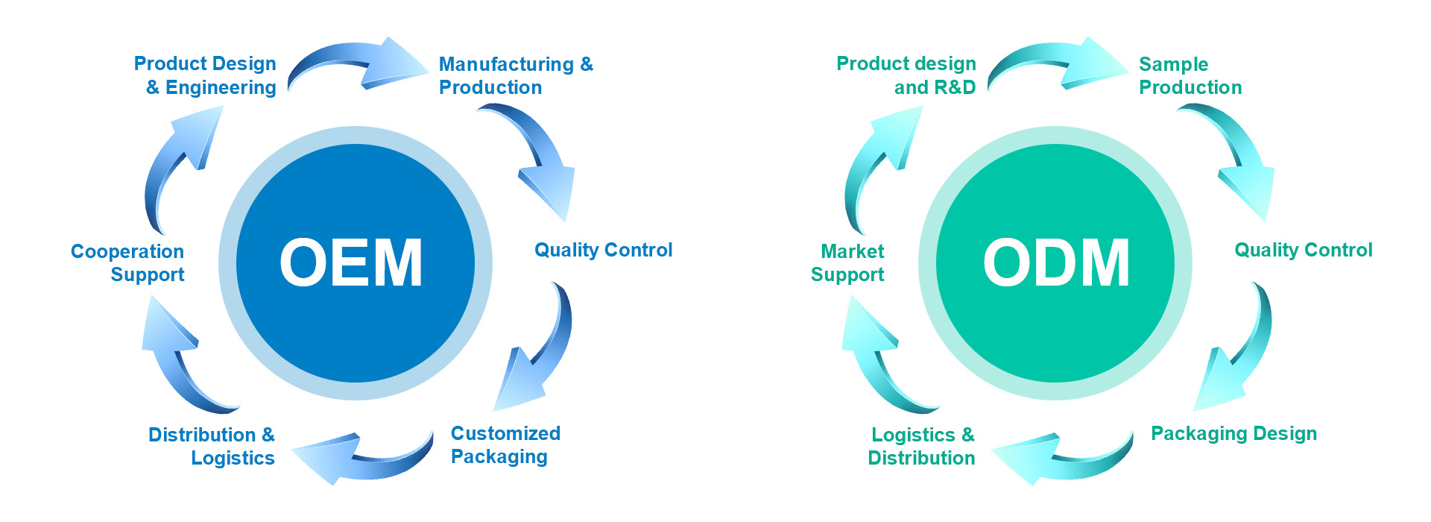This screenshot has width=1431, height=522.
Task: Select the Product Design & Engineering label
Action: [x=205, y=75]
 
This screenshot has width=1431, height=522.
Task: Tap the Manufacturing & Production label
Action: [x=516, y=75]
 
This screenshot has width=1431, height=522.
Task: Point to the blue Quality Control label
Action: [x=603, y=250]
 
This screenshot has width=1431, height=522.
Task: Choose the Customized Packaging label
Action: [x=505, y=444]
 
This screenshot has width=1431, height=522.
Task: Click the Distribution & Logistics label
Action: [x=212, y=446]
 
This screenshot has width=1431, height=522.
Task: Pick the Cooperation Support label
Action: [x=127, y=262]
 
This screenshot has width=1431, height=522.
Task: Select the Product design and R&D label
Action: [x=906, y=75]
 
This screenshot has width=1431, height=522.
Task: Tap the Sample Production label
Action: [x=1190, y=75]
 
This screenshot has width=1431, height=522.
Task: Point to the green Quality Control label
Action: [x=1303, y=250]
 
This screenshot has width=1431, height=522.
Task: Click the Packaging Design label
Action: [x=1233, y=433]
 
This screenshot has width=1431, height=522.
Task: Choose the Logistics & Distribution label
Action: [x=922, y=446]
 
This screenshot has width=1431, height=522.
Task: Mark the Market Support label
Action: [x=847, y=262]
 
